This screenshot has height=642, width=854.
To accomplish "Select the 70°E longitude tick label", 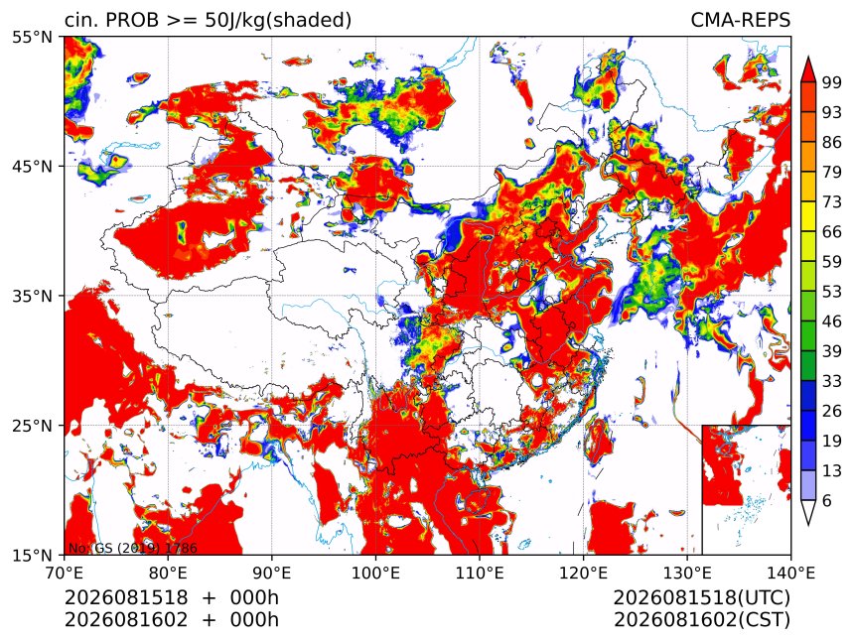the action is pyautogui.click(x=65, y=573).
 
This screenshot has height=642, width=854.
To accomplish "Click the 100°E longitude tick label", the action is pyautogui.click(x=375, y=573).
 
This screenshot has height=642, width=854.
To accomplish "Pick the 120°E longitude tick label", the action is pyautogui.click(x=583, y=573).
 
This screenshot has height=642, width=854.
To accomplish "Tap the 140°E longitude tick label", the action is pyautogui.click(x=790, y=573).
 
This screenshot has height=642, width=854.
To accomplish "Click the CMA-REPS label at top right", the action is pyautogui.click(x=740, y=20).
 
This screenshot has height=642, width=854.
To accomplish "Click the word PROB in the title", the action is pyautogui.click(x=132, y=20).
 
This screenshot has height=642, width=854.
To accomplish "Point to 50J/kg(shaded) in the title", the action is pyautogui.click(x=278, y=21).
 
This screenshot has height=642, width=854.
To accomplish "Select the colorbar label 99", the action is pyautogui.click(x=832, y=82).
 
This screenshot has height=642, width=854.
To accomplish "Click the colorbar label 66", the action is pyautogui.click(x=832, y=232).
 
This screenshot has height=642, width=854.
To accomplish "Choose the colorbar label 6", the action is pyautogui.click(x=827, y=500).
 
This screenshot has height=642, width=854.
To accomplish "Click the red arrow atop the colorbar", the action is pyautogui.click(x=807, y=69).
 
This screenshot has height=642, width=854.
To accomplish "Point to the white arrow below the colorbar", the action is pyautogui.click(x=807, y=512).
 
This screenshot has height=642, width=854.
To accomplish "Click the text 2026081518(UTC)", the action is pyautogui.click(x=701, y=598).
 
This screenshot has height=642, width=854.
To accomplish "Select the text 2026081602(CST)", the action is pyautogui.click(x=701, y=620).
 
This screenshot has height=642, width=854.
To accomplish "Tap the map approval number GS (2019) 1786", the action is pyautogui.click(x=146, y=549).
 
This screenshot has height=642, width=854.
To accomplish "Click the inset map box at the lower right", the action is pyautogui.click(x=746, y=489).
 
